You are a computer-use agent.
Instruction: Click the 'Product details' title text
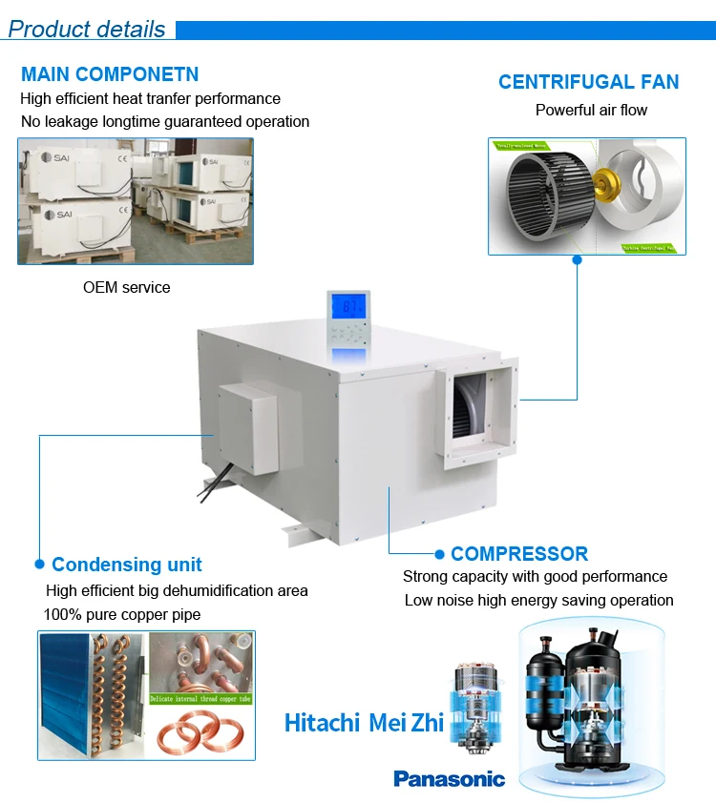tap(87, 29)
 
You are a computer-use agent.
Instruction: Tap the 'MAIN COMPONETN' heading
tap(110, 74)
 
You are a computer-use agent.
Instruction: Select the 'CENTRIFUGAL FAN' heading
tap(588, 82)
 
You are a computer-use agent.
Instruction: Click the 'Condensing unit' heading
tap(127, 565)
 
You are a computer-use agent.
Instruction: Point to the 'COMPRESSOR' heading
tap(519, 554)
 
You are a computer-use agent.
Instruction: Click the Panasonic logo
tap(449, 779)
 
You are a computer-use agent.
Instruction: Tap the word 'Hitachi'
tap(323, 723)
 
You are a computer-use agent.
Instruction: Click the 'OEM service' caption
tap(126, 287)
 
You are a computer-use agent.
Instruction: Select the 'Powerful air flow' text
tap(591, 110)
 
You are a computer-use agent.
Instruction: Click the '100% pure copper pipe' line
tap(122, 614)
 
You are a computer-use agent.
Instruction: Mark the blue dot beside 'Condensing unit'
tap(39, 565)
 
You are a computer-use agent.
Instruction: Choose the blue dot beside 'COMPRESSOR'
tap(439, 554)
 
